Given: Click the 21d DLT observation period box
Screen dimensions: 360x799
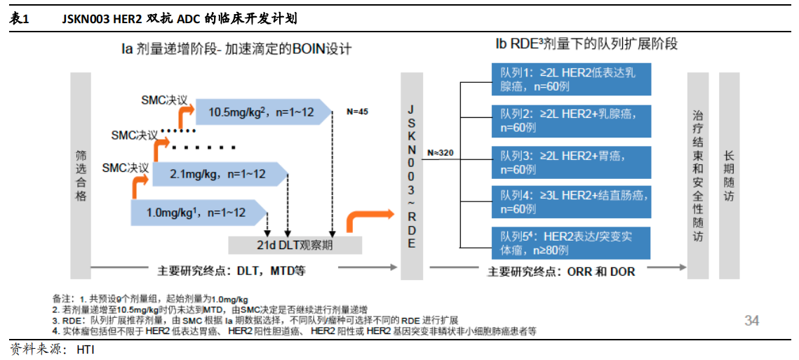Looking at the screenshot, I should [x=295, y=245].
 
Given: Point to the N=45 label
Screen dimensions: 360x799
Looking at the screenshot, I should [x=358, y=112].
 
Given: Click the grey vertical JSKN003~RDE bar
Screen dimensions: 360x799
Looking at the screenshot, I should [x=412, y=175].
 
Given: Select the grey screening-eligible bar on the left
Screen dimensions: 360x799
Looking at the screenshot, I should [x=81, y=175].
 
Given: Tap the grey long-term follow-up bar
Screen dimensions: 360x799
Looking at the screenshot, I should [x=730, y=175].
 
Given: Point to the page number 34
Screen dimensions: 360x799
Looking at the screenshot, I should [x=751, y=321].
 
